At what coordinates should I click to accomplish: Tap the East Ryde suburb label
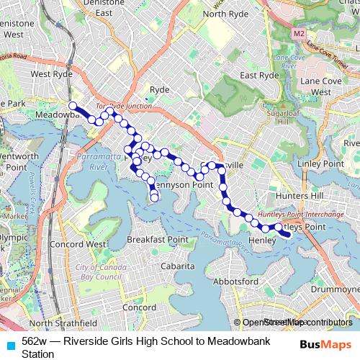pyautogui.click(x=259, y=75)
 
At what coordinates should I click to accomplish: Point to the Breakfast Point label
pyautogui.click(x=157, y=239)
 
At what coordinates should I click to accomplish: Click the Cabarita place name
pyautogui.click(x=177, y=266)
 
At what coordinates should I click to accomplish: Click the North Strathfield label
pyautogui.click(x=63, y=323)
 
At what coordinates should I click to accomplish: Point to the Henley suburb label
pyautogui.click(x=261, y=240)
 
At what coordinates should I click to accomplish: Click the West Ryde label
pyautogui.click(x=51, y=73)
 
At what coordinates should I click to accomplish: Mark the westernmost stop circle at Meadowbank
pyautogui.click(x=72, y=107)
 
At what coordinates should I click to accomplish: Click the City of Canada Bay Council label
pyautogui.click(x=99, y=271)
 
